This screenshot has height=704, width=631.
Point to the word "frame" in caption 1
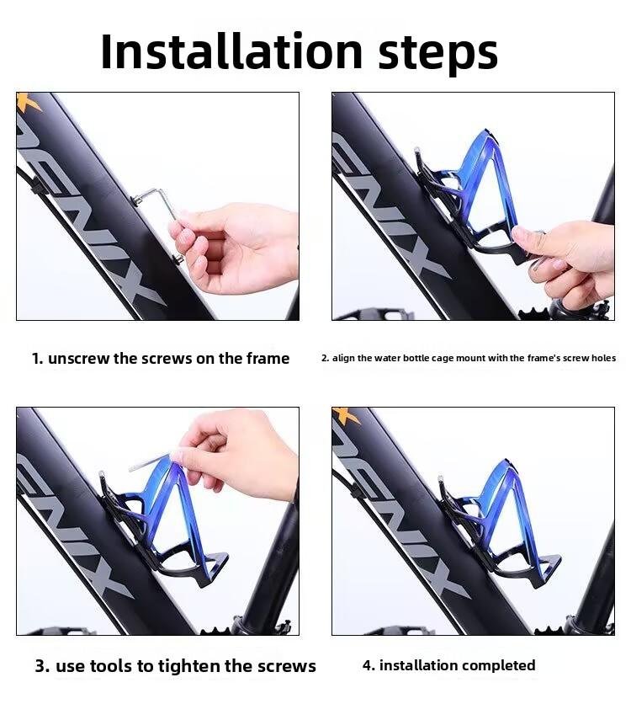267,359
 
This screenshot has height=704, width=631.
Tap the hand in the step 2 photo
568,257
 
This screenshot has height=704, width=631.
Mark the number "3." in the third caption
42,666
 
